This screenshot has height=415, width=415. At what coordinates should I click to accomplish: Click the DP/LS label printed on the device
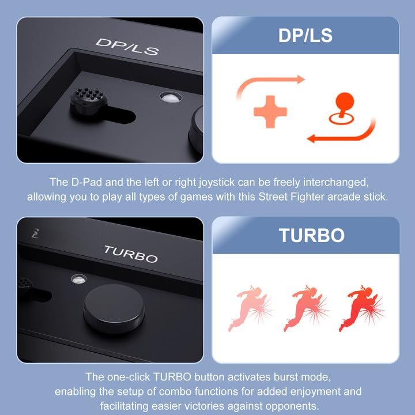click(127, 47)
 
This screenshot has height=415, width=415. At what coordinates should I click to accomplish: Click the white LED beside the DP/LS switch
click(171, 97)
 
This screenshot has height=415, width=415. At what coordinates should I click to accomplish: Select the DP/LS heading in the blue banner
click(305, 36)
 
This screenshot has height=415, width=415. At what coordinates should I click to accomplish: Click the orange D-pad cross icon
click(270, 112)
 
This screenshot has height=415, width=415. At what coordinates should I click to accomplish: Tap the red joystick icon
click(342, 108)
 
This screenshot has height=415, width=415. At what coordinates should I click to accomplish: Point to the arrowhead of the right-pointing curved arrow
click(301, 79)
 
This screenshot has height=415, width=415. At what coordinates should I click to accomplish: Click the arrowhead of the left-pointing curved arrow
click(311, 138)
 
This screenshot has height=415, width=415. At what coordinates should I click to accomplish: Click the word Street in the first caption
click(273, 197)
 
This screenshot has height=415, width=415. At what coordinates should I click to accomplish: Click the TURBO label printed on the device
click(131, 254)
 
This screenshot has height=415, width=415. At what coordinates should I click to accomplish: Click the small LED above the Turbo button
click(78, 279)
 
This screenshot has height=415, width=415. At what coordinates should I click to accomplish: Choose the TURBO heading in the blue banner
click(311, 235)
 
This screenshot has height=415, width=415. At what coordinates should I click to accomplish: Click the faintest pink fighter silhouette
click(250, 308)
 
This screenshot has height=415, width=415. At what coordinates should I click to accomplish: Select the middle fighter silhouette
click(305, 308)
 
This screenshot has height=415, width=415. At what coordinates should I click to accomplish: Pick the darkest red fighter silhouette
click(361, 308)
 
